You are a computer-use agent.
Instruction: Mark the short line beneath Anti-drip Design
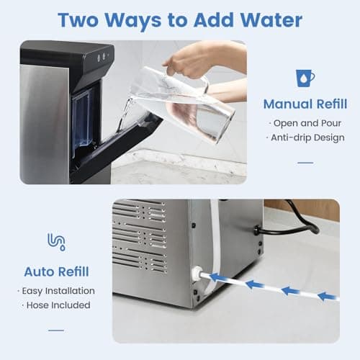coord(305,162)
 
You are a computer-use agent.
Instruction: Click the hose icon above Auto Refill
coord(56,241)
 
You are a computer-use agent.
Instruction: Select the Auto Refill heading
coord(56,272)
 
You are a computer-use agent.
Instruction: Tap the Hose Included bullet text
coord(56,305)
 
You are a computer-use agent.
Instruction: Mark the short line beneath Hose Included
coord(56,330)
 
